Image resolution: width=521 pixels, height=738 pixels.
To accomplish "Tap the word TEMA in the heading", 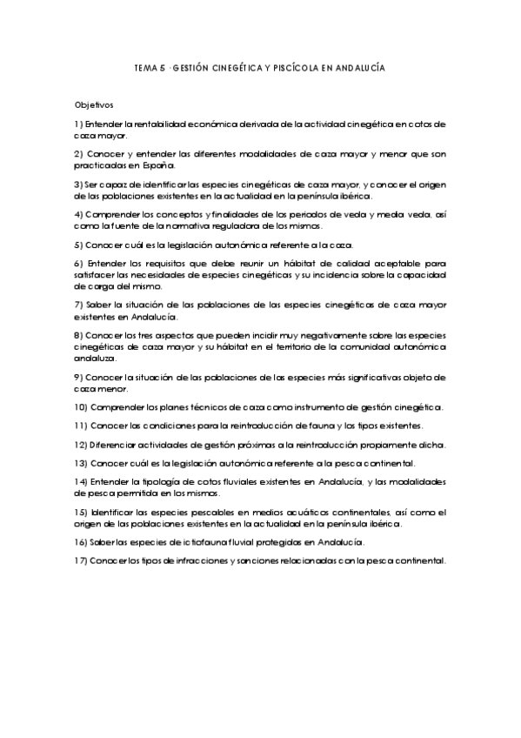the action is coord(148,67).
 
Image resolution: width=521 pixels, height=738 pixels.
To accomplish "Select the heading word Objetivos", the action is coord(95,104).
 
